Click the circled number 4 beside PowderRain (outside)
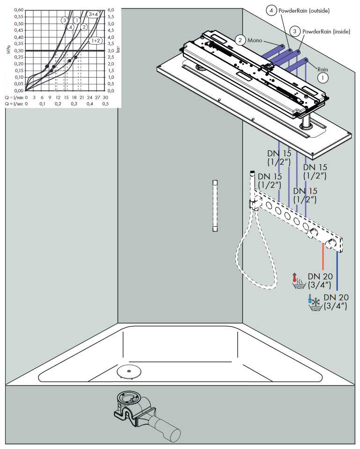pyautogui.click(x=271, y=11)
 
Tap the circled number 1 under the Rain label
pyautogui.click(x=323, y=78)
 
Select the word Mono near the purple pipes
pyautogui.click(x=255, y=40)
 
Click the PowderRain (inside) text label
pyautogui.click(x=326, y=31)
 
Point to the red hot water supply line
pyautogui.click(x=323, y=256)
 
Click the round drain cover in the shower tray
pyautogui.click(x=129, y=372)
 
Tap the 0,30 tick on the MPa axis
pyautogui.click(x=19, y=51)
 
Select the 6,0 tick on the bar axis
pyautogui.click(x=111, y=10)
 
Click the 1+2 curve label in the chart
pyautogui.click(x=96, y=41)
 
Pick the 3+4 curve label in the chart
pyautogui.click(x=93, y=14)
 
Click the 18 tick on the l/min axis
pyautogui.click(x=74, y=97)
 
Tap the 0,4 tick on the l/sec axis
pyautogui.click(x=89, y=103)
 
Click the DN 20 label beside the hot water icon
pyautogui.click(x=320, y=280)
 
